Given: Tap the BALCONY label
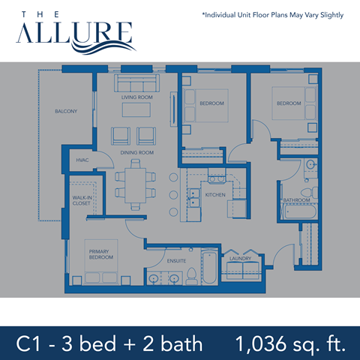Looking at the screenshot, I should click(66, 111).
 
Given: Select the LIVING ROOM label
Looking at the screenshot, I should click(136, 97).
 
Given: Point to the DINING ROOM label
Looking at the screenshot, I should click(137, 153).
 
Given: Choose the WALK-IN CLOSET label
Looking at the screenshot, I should click(81, 199).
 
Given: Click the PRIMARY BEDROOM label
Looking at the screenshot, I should click(100, 254).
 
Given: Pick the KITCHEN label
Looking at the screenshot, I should click(215, 195).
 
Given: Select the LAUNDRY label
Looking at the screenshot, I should click(241, 259).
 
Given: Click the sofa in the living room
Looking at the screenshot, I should click(136, 81).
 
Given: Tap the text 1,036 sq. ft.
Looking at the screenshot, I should click(289, 344).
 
